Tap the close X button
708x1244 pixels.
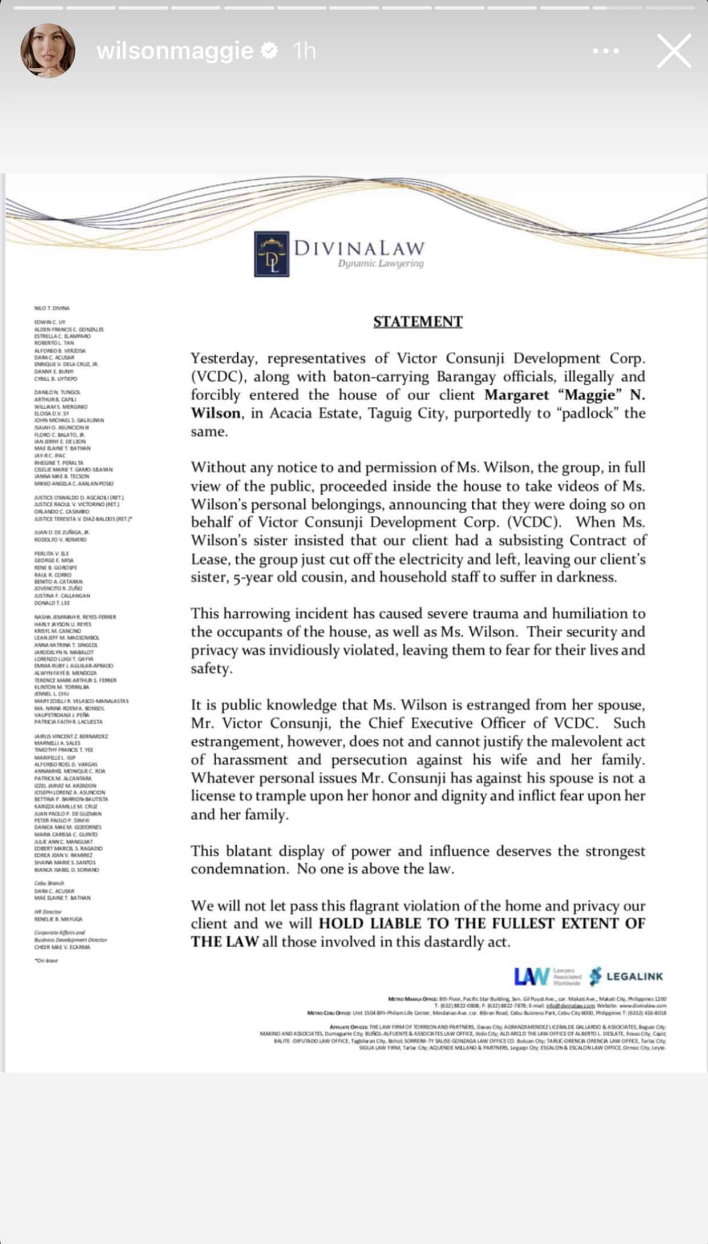tap(674, 51)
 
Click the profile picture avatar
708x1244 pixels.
tap(48, 50)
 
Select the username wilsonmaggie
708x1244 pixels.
tap(175, 51)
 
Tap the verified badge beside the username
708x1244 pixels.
tap(269, 51)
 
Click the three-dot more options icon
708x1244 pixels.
tap(606, 51)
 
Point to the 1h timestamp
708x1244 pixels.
tap(304, 51)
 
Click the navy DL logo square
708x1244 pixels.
tap(272, 253)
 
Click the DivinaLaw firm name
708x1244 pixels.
tap(359, 248)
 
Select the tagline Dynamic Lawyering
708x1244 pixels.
tap(381, 264)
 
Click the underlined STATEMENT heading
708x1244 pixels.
tap(418, 322)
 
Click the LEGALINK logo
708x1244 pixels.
tap(626, 976)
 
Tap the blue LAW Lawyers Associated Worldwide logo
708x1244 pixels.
tap(547, 976)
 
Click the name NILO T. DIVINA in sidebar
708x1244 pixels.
tap(52, 308)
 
